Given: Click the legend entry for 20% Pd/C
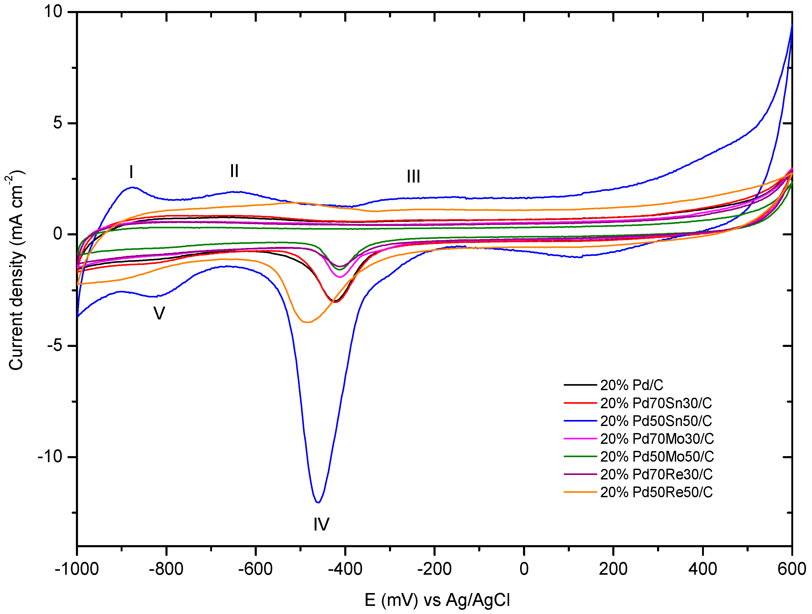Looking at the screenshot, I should [631, 385].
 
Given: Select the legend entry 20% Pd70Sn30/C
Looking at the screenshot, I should [656, 403].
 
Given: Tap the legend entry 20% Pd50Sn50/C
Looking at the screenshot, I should [656, 421].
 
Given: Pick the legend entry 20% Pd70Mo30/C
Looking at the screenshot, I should [657, 439].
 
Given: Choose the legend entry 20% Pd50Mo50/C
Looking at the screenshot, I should [657, 456].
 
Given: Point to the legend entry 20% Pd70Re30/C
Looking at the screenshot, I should [656, 474].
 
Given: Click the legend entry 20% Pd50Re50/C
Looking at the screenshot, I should [656, 492].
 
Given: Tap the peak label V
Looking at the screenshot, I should [159, 313].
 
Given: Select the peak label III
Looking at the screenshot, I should [413, 177].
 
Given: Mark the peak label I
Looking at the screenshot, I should [131, 172].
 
